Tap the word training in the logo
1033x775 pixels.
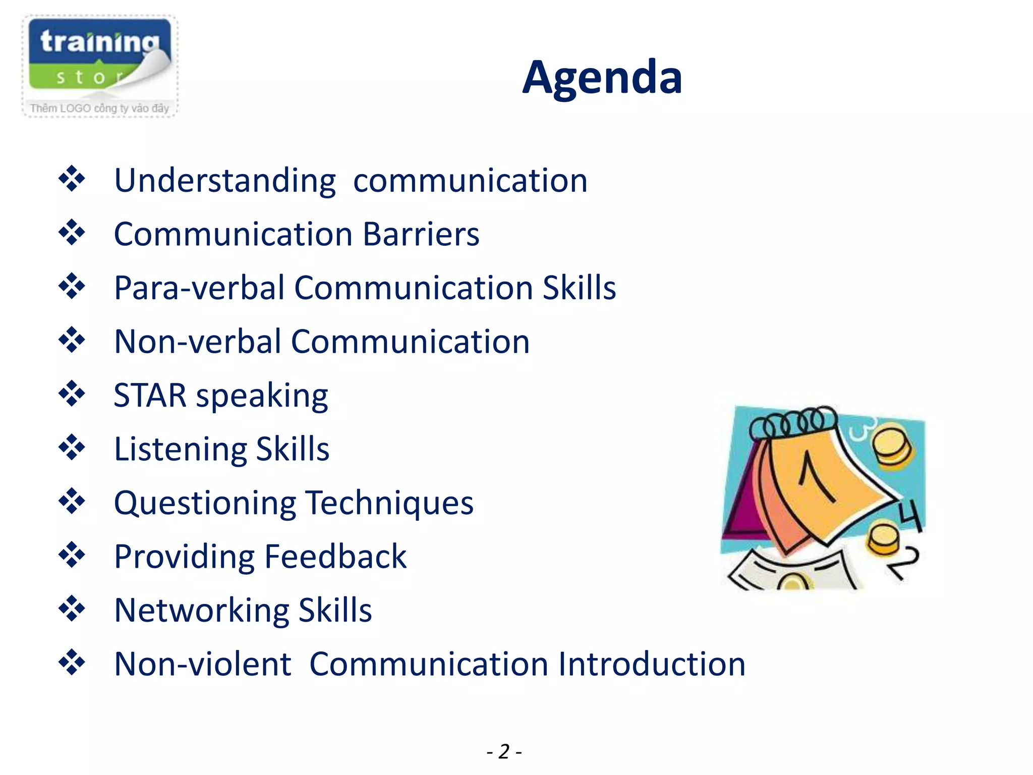[100, 41]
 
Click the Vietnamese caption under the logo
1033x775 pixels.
[99, 108]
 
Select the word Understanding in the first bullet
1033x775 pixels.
[224, 181]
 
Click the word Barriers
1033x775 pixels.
[421, 234]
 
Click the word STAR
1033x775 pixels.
[150, 395]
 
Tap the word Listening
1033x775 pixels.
[180, 449]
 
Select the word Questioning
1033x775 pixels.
[205, 503]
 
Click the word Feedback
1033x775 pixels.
[335, 557]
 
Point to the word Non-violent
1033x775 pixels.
[203, 664]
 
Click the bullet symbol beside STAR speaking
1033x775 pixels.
[72, 394]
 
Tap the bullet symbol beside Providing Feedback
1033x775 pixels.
[72, 555]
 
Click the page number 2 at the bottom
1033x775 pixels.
[504, 751]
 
